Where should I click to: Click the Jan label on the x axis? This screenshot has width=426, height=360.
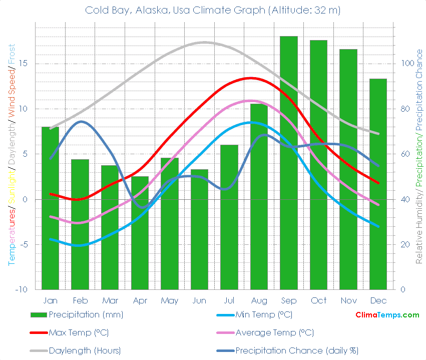pyautogui.click(x=50, y=300)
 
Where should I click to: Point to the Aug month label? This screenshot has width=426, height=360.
pyautogui.click(x=259, y=300)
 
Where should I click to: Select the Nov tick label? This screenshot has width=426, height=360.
pyautogui.click(x=348, y=300)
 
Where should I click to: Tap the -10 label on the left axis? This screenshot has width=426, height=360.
pyautogui.click(x=21, y=290)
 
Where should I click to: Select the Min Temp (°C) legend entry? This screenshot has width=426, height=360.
pyautogui.click(x=263, y=315)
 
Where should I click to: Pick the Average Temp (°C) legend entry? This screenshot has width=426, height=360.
pyautogui.click(x=274, y=332)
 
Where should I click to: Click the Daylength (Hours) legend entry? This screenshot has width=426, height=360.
pyautogui.click(x=85, y=350)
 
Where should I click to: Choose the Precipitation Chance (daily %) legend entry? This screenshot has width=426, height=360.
pyautogui.click(x=296, y=350)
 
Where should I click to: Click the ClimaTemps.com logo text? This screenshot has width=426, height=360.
pyautogui.click(x=387, y=315)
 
